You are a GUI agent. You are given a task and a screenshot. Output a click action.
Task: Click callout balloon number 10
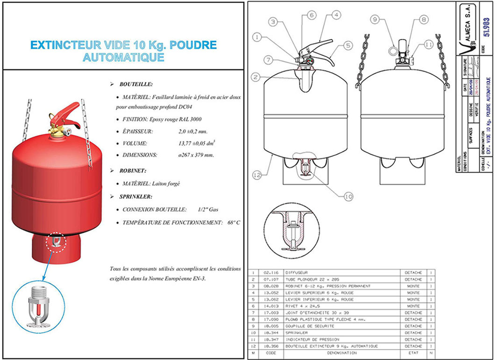(x=348, y=196)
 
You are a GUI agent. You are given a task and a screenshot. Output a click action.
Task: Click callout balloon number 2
(x=255, y=77)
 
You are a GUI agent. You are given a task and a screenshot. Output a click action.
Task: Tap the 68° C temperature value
(x=233, y=223)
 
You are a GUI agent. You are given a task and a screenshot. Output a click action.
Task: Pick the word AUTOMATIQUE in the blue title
(x=123, y=58)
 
